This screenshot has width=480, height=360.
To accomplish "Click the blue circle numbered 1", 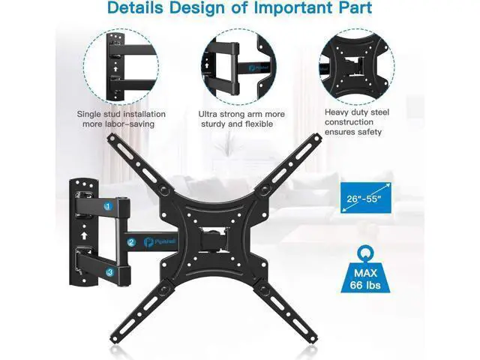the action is pos(108,206).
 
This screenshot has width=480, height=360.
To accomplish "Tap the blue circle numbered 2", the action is pos(132,242).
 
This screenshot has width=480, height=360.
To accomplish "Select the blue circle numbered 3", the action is pos(110,271).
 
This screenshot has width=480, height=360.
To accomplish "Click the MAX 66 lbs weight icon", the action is pos(365,270).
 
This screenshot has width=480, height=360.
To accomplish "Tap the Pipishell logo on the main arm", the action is pos(160,241).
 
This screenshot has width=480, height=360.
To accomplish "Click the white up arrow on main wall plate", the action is pos(84,235).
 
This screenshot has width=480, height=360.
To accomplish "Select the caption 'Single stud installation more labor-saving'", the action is pos(121,119).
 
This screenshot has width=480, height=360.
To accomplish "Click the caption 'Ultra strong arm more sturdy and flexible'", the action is pos(241,119).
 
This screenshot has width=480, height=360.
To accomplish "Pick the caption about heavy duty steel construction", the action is pos(357,121).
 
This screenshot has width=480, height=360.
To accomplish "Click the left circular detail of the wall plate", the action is pos(121,67).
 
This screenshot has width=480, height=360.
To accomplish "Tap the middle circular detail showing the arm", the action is pos(239,67).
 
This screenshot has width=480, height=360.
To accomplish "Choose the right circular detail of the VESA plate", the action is pos(357,67).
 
